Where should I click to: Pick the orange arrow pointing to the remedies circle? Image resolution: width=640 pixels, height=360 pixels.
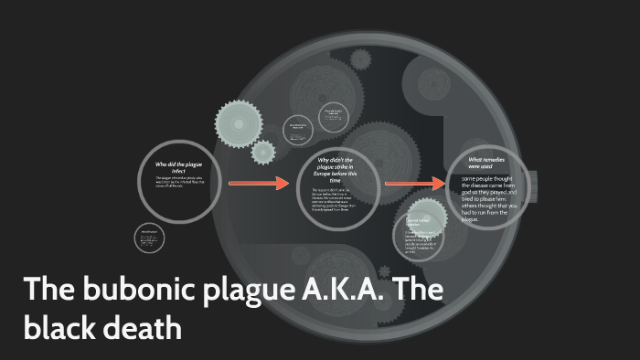415,184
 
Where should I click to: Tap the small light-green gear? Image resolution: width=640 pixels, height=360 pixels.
263,152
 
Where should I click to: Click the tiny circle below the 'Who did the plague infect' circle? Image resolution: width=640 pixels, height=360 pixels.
149,240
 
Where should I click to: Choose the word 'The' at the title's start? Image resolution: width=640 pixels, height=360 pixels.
47,290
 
